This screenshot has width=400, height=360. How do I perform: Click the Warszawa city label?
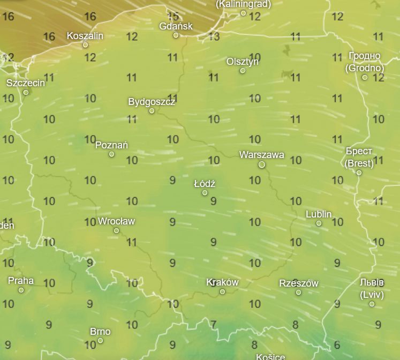(x=261, y=155)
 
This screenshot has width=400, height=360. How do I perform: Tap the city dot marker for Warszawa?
(x=262, y=164)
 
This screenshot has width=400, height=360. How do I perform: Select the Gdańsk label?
(x=176, y=26)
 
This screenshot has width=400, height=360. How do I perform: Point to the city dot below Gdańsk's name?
(x=176, y=35)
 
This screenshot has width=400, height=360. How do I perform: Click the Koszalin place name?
(x=85, y=36)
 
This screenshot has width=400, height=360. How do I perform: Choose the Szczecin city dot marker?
(x=26, y=93)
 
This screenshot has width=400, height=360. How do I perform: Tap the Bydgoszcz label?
(x=152, y=101)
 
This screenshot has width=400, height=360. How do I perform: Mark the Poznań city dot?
(x=111, y=154)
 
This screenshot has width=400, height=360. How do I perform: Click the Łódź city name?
(x=205, y=183)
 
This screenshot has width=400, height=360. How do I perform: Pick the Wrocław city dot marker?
(x=116, y=231)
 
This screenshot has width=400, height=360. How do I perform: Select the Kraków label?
(x=222, y=282)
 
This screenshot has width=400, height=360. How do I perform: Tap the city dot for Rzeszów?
(x=298, y=292)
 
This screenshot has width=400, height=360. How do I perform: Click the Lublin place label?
(x=319, y=214)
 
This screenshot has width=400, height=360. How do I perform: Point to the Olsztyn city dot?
(x=243, y=71)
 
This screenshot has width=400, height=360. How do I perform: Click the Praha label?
(x=21, y=280)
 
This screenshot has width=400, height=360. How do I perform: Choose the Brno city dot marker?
(x=100, y=341)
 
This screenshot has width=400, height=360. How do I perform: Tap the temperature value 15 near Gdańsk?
(x=173, y=16)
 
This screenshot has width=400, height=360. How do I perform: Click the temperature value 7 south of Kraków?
(x=214, y=324)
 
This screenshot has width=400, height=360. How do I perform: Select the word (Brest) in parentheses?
(x=359, y=163)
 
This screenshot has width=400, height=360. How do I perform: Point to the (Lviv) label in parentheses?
(x=372, y=295)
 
